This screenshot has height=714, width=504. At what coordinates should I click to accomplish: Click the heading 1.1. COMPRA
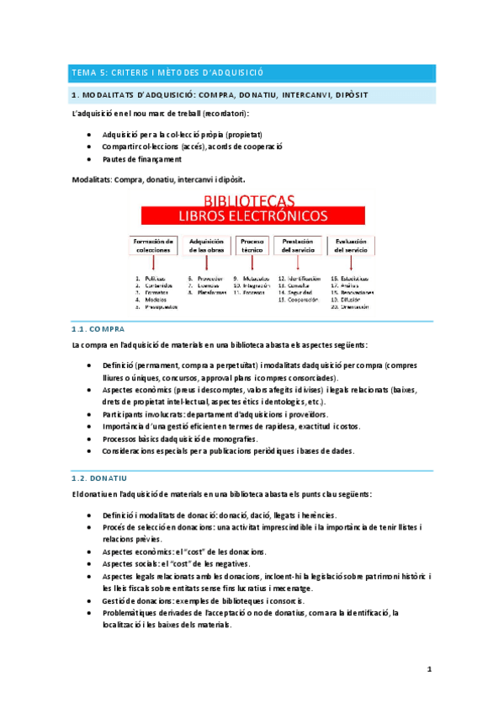(98, 330)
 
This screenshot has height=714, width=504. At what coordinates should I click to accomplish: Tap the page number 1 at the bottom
(429, 669)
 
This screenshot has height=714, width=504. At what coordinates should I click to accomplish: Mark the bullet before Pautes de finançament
(89, 159)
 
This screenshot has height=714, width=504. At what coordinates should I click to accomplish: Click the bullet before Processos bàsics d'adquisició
(89, 439)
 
